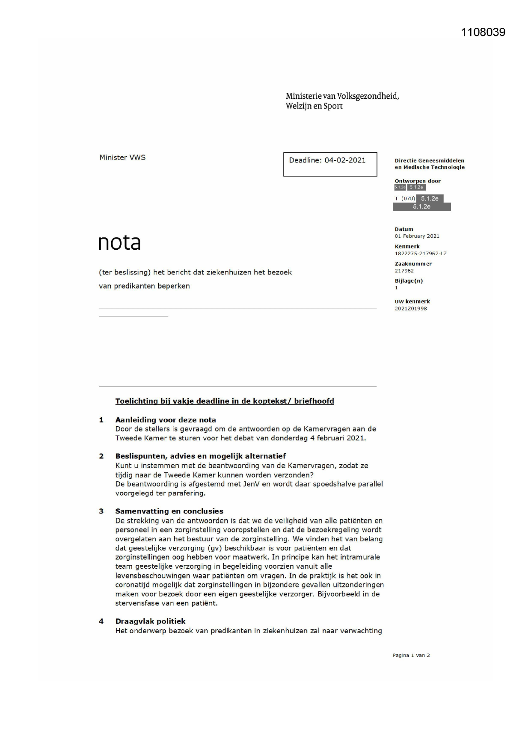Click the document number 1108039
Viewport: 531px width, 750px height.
(x=483, y=32)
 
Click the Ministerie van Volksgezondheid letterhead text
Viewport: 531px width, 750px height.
(x=342, y=101)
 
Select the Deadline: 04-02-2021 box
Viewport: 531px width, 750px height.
(x=330, y=164)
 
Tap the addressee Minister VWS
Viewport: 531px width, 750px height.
(x=122, y=157)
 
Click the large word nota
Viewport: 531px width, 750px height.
(x=119, y=243)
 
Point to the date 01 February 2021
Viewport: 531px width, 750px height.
(x=417, y=236)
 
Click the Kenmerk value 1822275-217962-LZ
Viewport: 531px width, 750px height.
(x=420, y=254)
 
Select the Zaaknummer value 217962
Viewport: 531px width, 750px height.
(x=404, y=271)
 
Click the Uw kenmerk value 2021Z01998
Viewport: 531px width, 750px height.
(x=410, y=308)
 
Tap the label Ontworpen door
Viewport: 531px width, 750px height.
(x=417, y=181)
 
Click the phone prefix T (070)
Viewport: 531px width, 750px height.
(x=405, y=198)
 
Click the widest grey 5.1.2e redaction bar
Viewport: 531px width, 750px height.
(x=421, y=207)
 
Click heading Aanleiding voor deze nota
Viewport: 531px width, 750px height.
(x=165, y=420)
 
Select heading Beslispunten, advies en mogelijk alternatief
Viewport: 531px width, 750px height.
(x=200, y=456)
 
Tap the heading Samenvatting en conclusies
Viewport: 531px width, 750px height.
(x=169, y=511)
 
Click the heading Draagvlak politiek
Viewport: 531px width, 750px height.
(x=150, y=621)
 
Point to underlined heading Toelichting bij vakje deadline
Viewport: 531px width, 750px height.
(x=224, y=401)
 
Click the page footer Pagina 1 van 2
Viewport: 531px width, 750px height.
(x=411, y=655)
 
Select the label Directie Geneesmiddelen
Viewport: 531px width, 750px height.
(x=429, y=161)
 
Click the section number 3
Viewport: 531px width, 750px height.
(x=101, y=511)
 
